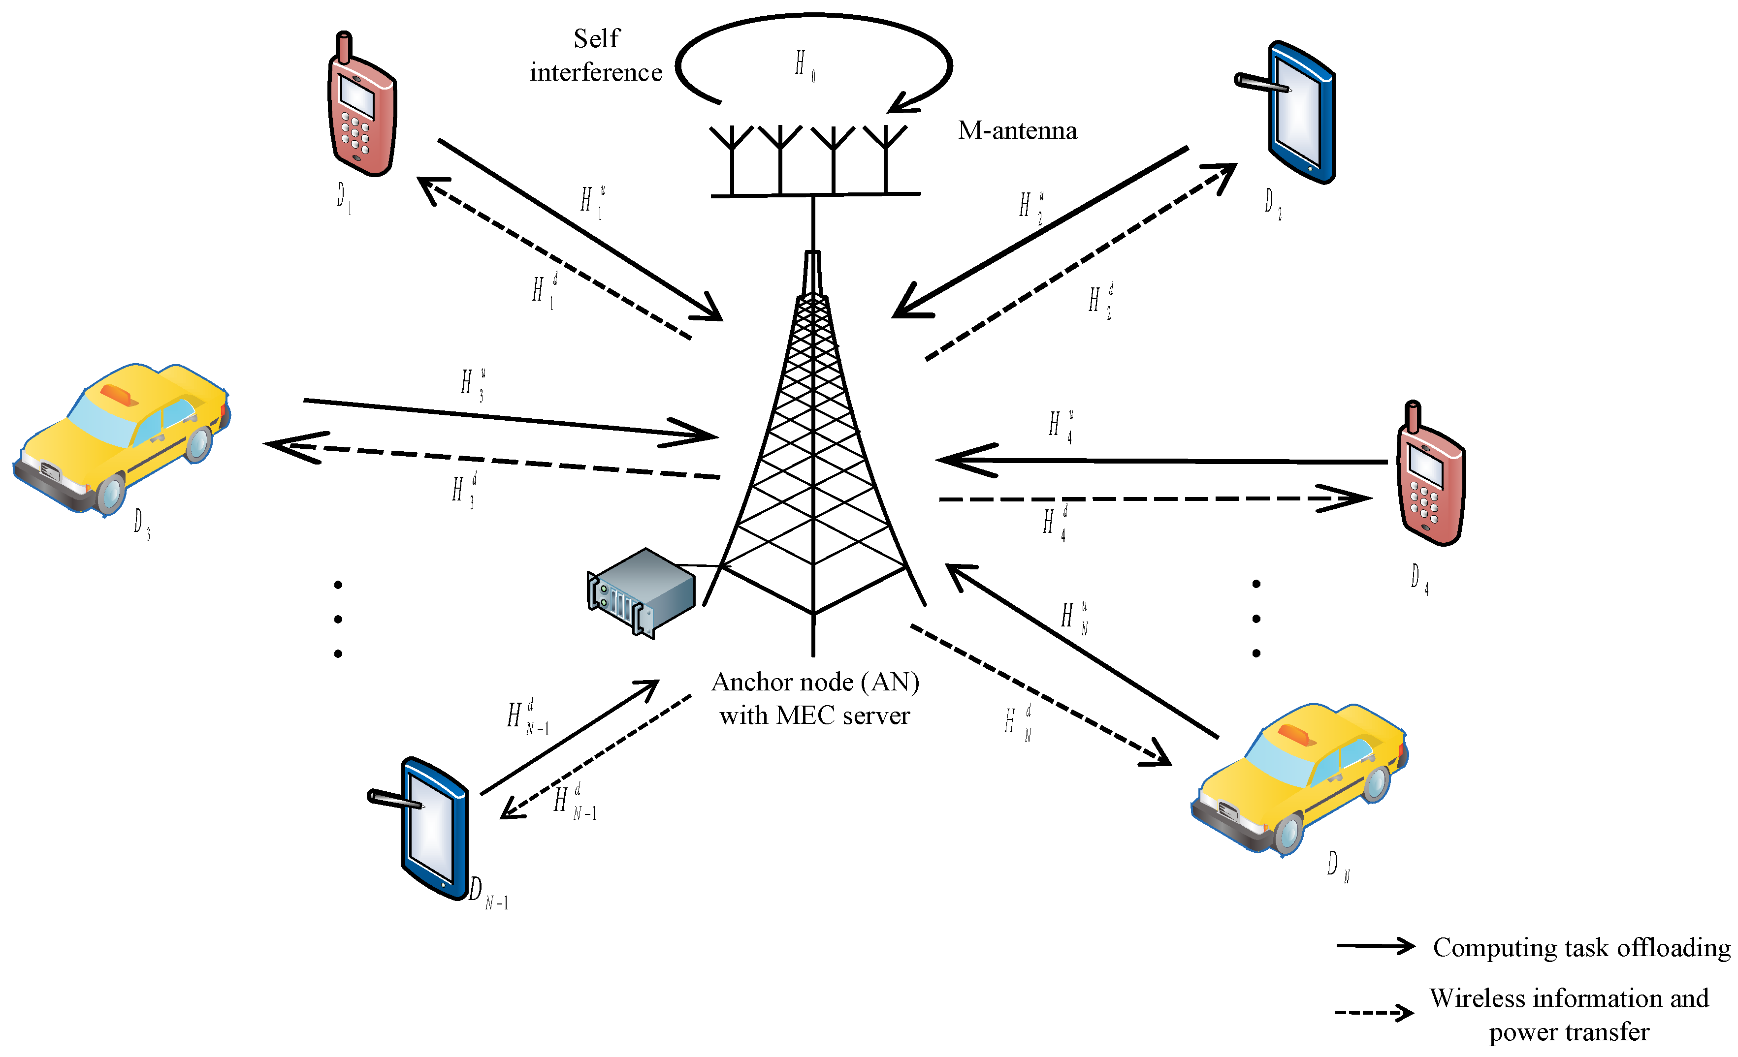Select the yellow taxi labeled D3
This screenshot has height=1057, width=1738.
pyautogui.click(x=124, y=437)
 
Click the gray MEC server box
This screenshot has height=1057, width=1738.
pyautogui.click(x=641, y=592)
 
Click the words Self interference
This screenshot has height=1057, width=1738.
pyautogui.click(x=596, y=55)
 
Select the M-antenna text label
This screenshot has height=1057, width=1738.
pyautogui.click(x=1017, y=130)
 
